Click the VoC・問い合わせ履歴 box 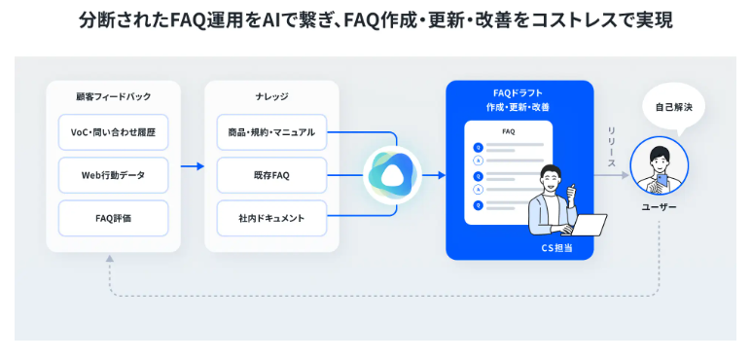click(x=113, y=132)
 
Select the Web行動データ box click(x=113, y=175)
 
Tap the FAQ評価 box click(x=113, y=218)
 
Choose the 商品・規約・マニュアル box click(x=271, y=132)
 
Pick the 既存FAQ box click(x=271, y=175)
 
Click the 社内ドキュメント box click(x=271, y=218)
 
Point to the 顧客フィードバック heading click(x=114, y=96)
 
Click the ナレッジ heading click(x=271, y=96)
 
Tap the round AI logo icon click(x=392, y=175)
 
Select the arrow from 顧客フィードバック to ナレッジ click(x=193, y=166)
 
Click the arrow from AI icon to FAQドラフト click(x=434, y=175)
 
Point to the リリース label click(x=611, y=148)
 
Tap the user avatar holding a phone click(x=659, y=166)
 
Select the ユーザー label click(x=659, y=207)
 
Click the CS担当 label click(x=556, y=248)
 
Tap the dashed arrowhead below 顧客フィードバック click(x=109, y=258)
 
